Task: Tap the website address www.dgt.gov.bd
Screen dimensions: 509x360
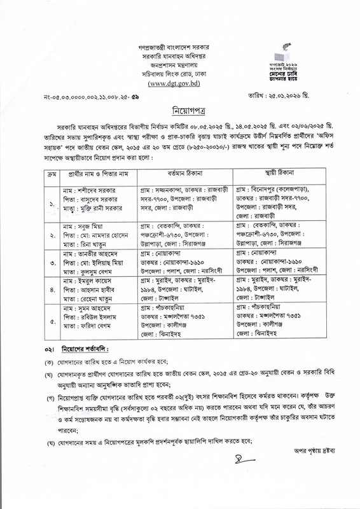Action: coord(180,83)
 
